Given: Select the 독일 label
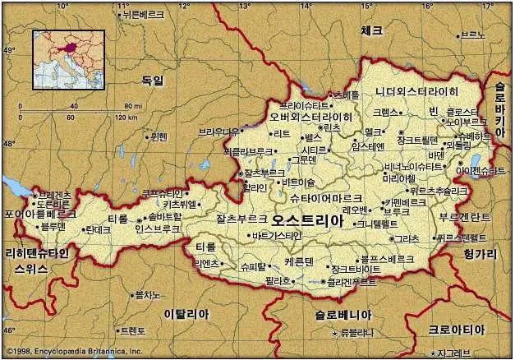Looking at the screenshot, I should (x=153, y=81).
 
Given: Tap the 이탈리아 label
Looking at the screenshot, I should (x=186, y=314).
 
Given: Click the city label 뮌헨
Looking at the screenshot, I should (x=159, y=136).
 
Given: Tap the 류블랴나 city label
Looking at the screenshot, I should (x=356, y=333).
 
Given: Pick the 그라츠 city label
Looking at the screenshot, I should (x=406, y=238).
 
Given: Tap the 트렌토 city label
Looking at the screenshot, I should (x=131, y=331).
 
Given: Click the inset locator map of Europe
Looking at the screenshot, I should (x=68, y=59).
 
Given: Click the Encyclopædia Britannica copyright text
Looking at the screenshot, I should (x=72, y=352).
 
